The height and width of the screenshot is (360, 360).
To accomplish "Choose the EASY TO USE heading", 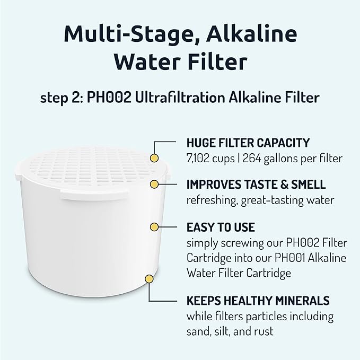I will click(221, 227).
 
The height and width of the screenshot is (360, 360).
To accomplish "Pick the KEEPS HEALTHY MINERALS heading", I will click(258, 301).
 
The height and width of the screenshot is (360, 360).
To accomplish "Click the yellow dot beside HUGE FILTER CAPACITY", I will click(154, 157).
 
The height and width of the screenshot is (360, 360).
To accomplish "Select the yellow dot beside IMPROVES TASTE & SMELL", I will click(154, 185).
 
